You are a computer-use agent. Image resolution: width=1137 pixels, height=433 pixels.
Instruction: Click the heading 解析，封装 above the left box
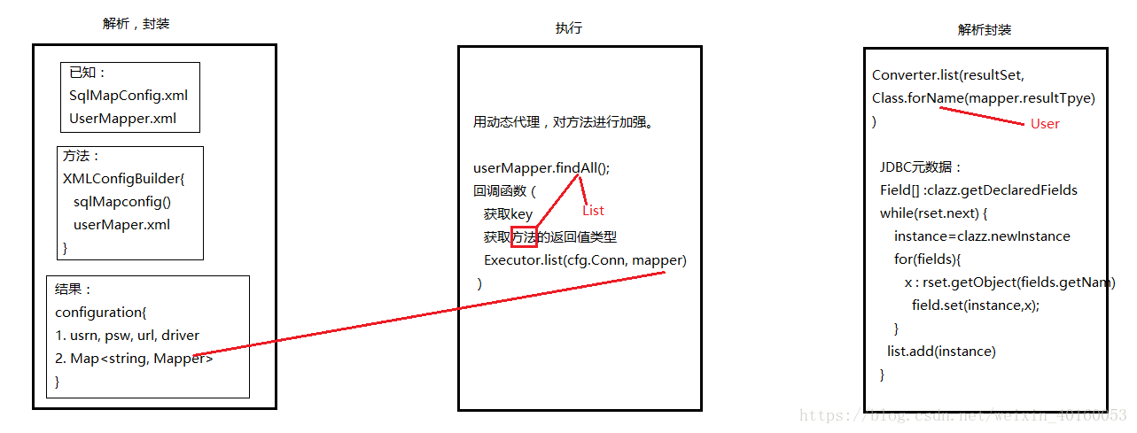click(x=136, y=24)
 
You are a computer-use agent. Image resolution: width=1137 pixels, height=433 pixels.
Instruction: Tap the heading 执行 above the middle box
click(x=569, y=28)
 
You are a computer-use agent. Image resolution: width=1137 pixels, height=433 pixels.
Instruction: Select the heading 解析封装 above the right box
click(x=984, y=29)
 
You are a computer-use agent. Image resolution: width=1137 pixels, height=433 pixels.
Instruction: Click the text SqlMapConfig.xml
click(x=128, y=96)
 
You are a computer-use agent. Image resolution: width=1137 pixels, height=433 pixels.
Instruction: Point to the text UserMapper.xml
click(x=122, y=119)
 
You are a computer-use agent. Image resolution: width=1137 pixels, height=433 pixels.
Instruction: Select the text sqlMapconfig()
click(x=122, y=202)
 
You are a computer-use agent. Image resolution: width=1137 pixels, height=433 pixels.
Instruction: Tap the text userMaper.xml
click(x=121, y=225)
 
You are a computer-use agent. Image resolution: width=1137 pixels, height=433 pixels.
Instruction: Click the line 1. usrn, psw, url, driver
click(x=128, y=336)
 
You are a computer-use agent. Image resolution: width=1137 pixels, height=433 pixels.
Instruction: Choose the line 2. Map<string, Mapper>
click(x=134, y=359)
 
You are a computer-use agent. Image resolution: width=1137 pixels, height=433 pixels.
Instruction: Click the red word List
click(x=593, y=211)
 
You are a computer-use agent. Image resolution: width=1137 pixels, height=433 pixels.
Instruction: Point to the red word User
click(x=1045, y=124)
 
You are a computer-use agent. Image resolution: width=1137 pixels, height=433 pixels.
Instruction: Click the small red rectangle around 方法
click(x=524, y=237)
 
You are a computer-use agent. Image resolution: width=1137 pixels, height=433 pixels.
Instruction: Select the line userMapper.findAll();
click(x=542, y=168)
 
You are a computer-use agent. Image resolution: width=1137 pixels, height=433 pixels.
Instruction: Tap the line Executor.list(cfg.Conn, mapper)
click(x=585, y=260)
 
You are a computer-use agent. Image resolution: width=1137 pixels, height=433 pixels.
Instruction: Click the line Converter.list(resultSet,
click(x=947, y=75)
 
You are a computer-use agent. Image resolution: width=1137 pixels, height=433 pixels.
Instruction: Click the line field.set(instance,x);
click(x=975, y=305)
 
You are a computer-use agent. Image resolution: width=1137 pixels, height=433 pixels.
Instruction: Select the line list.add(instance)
click(x=941, y=352)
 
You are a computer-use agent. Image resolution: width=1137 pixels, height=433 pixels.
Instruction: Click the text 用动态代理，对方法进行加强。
click(x=564, y=122)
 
